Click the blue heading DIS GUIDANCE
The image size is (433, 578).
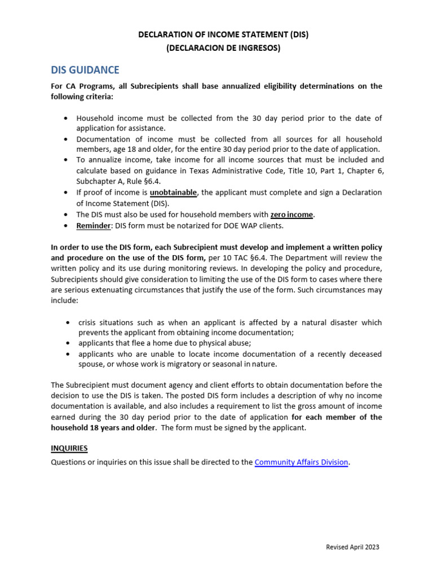pyautogui.click(x=85, y=70)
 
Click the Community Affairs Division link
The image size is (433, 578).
pyautogui.click(x=301, y=462)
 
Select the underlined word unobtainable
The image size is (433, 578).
pyautogui.click(x=173, y=192)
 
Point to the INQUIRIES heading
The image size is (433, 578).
pyautogui.click(x=69, y=448)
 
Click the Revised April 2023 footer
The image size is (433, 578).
pyautogui.click(x=353, y=547)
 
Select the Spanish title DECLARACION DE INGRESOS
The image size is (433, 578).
pyautogui.click(x=223, y=48)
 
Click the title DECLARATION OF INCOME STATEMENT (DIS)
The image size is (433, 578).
pyautogui.click(x=223, y=35)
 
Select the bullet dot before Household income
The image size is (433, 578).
pyautogui.click(x=67, y=119)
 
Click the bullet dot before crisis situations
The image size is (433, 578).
pyautogui.click(x=67, y=322)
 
